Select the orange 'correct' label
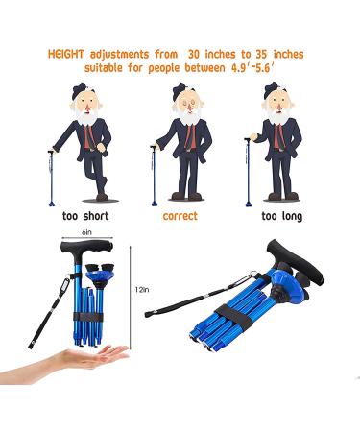pyautogui.click(x=180, y=216)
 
